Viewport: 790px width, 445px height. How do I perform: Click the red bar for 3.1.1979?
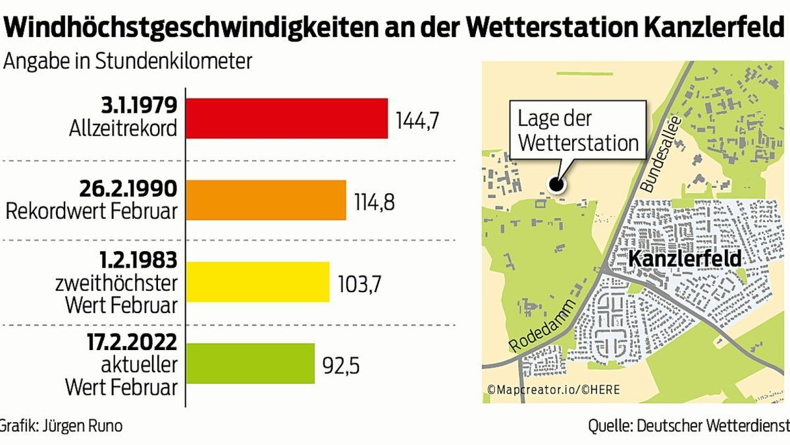288,119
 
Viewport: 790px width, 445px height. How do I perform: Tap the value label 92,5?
341,365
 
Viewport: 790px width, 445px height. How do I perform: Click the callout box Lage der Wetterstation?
577,131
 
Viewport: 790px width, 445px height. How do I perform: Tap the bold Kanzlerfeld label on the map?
685,259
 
